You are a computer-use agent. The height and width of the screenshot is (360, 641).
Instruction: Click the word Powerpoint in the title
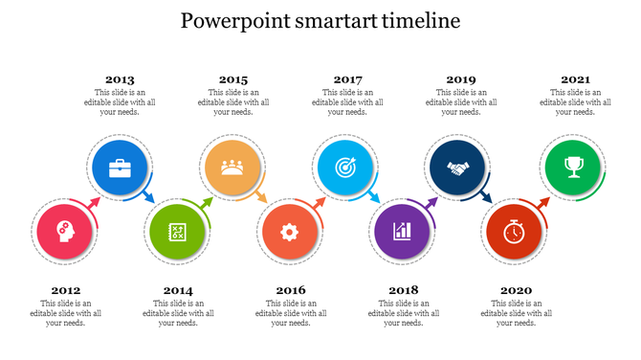point(236,21)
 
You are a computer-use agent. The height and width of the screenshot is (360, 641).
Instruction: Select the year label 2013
point(120,79)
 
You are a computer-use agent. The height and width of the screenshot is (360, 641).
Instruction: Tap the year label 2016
point(290,290)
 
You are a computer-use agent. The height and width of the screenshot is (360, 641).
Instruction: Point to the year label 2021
point(575,79)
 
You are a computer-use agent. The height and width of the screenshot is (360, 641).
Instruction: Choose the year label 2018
point(404,290)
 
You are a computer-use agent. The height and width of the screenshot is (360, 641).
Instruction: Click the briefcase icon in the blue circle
point(120,169)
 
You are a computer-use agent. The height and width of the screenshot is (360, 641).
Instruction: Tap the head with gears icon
point(64,231)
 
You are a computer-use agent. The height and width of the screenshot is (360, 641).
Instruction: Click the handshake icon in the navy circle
point(459,169)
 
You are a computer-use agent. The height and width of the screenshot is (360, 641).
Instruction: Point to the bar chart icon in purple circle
point(402,231)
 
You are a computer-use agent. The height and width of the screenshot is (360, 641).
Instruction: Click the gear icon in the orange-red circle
point(288,231)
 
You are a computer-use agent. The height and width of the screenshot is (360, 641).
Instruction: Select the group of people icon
point(232,169)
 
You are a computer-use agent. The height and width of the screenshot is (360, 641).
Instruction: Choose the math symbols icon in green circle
point(177,231)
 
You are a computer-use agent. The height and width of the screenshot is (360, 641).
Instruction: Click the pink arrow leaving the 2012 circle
point(93,203)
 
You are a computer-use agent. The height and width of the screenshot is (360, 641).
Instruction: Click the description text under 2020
point(516,313)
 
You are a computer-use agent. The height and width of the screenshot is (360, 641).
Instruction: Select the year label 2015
point(232,79)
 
